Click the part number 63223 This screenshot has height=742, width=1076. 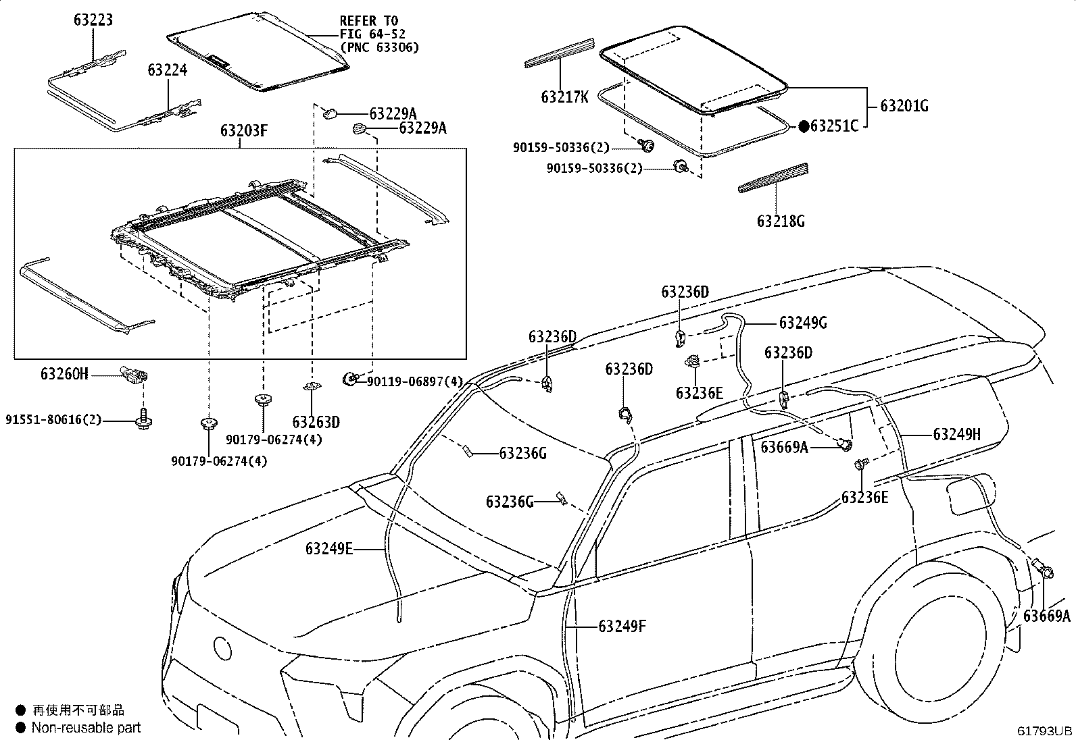click(93, 20)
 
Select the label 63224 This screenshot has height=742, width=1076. click(168, 70)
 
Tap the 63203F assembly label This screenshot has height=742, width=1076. click(243, 130)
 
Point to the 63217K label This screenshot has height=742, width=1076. click(564, 97)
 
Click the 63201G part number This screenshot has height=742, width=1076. click(904, 106)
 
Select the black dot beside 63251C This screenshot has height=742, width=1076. click(804, 126)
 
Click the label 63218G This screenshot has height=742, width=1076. click(781, 221)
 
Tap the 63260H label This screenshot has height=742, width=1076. click(64, 373)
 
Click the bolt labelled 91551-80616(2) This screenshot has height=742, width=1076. click(144, 421)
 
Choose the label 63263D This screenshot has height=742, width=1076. click(316, 423)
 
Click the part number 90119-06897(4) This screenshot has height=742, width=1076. click(415, 382)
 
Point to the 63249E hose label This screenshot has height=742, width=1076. click(329, 549)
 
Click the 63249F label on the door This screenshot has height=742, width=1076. click(622, 627)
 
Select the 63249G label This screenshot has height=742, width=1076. click(803, 323)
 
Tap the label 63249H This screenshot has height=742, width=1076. click(956, 434)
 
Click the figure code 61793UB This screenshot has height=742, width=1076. click(1046, 731)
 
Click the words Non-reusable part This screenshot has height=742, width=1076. click(87, 727)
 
